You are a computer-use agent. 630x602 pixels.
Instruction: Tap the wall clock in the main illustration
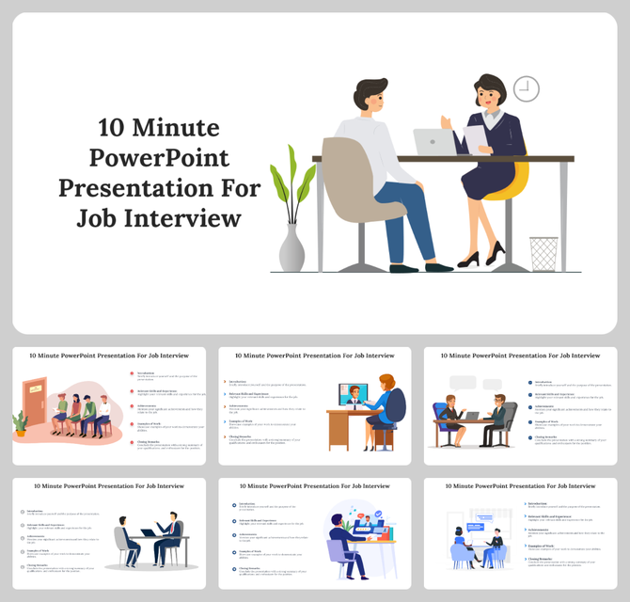point(527,88)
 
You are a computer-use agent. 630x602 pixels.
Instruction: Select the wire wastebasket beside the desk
point(543,253)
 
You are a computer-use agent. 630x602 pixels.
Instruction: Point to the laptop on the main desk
point(434,142)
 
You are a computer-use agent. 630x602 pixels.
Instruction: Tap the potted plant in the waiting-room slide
point(21,424)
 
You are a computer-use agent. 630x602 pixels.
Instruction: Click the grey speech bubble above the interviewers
point(463,383)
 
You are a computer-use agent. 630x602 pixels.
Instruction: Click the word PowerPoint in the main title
point(159,157)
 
